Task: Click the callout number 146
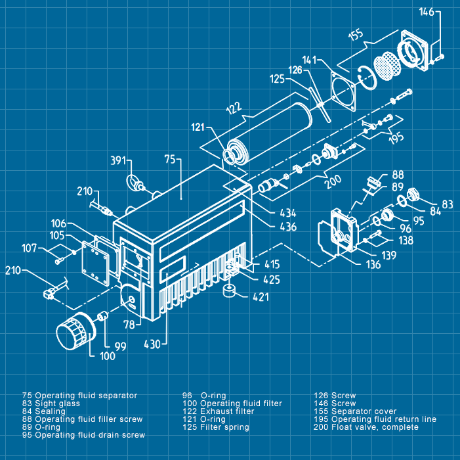427,12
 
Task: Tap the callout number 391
118,161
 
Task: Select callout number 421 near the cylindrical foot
261,297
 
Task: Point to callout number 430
152,344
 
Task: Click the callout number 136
373,265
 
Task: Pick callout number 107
29,248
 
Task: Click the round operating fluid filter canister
75,332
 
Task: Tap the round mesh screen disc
387,66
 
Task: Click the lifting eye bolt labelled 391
135,183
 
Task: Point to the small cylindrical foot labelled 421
230,291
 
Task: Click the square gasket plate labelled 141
343,92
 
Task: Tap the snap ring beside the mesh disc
367,78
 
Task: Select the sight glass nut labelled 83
413,194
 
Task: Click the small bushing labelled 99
102,316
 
